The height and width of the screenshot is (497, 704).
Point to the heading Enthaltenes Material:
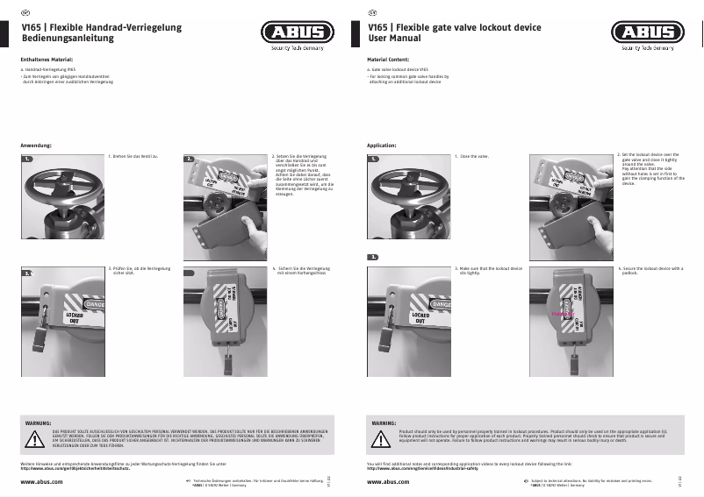pos(47,59)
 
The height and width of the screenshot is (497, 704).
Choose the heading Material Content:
pos(388,59)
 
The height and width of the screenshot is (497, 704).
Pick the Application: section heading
pos(382,145)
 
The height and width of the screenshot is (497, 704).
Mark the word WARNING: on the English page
pos(384,422)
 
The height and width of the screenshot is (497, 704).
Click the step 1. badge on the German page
pos(28,159)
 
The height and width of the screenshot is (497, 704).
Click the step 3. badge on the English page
pos(373,258)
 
